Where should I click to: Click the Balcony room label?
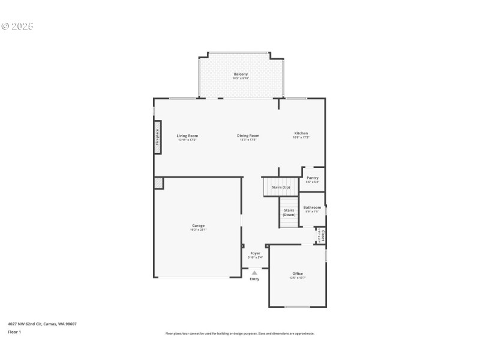(x=241, y=74)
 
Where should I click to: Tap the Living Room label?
(x=187, y=136)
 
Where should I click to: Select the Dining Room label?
(x=248, y=136)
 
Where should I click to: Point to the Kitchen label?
(x=301, y=134)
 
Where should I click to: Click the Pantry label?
(x=313, y=178)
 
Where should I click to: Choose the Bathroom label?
(x=312, y=208)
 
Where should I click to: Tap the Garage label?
(x=198, y=226)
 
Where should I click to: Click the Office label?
(x=298, y=274)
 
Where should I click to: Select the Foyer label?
(x=256, y=254)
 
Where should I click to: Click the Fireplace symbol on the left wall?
(x=158, y=137)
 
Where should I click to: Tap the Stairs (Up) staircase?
(x=281, y=187)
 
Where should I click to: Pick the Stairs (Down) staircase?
(x=289, y=212)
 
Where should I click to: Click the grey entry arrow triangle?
(x=254, y=272)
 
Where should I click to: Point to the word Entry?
(x=254, y=279)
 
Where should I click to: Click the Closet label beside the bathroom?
(x=323, y=235)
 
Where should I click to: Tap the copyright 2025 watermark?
(x=17, y=26)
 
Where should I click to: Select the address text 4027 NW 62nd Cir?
(x=42, y=324)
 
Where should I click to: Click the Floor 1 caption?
(x=14, y=332)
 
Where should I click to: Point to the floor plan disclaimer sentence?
(x=240, y=334)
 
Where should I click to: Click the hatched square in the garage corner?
(x=158, y=183)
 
